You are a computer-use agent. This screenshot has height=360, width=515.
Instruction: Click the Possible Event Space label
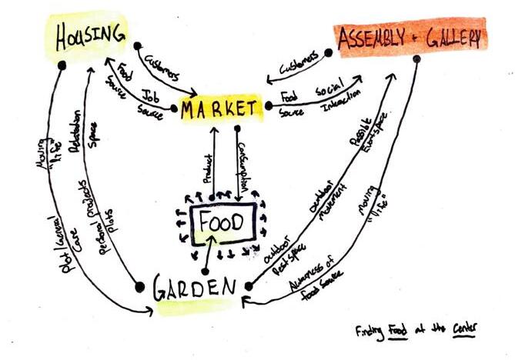[x=373, y=132]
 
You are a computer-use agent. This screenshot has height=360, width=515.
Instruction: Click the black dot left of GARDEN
[x=140, y=287]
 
